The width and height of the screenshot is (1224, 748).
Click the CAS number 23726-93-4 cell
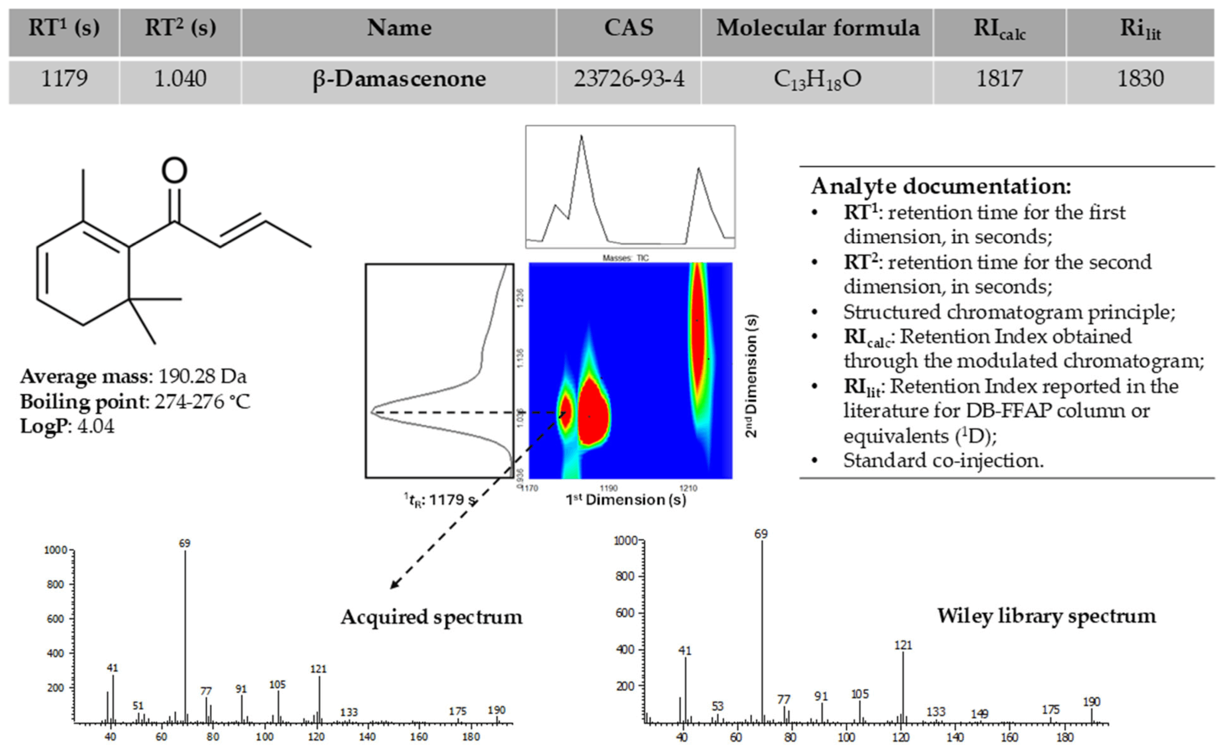(x=629, y=79)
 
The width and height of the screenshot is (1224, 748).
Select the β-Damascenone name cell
(x=399, y=79)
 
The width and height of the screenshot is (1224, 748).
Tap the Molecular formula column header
(x=818, y=28)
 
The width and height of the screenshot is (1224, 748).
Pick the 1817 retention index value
(x=999, y=79)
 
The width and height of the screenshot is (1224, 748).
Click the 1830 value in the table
(x=1140, y=79)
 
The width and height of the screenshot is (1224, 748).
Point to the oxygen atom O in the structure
(x=175, y=170)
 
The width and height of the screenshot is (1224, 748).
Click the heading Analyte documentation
(x=941, y=187)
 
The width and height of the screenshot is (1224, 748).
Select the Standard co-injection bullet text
(x=943, y=460)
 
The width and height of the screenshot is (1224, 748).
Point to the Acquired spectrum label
(x=431, y=618)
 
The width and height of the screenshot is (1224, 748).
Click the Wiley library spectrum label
(x=1046, y=616)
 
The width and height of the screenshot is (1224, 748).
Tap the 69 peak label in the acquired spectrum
(x=184, y=543)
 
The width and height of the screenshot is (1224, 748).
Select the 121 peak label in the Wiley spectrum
(x=903, y=645)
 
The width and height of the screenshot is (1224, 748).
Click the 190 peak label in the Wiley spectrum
(x=1092, y=702)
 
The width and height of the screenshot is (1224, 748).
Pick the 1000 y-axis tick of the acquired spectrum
(x=55, y=550)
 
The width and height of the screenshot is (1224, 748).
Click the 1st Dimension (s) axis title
(x=626, y=499)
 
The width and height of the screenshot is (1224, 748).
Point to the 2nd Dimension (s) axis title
(x=751, y=376)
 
